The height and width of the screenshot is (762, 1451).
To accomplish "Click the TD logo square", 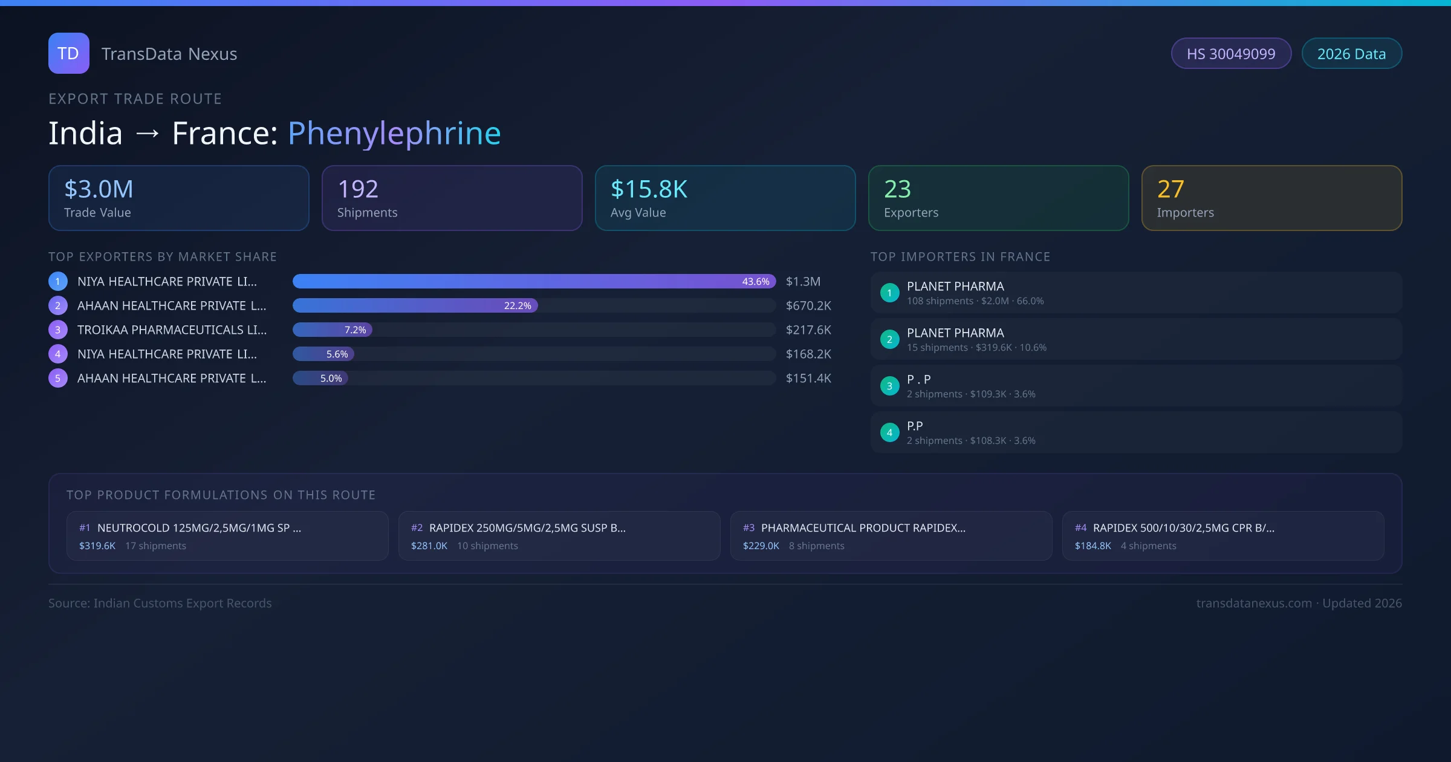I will click(x=68, y=53).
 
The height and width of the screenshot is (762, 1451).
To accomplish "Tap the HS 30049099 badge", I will click(x=1230, y=54).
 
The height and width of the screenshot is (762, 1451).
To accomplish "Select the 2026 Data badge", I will click(x=1351, y=54).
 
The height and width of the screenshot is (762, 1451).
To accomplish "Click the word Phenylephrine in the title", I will click(x=394, y=133).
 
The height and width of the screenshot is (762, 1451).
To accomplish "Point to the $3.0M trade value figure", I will click(x=99, y=189).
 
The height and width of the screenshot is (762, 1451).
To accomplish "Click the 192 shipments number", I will click(x=358, y=189).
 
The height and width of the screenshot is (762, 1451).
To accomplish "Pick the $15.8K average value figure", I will click(x=649, y=189).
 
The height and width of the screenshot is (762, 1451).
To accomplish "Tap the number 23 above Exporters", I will click(x=897, y=189).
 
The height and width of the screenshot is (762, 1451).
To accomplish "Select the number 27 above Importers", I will click(x=1170, y=189).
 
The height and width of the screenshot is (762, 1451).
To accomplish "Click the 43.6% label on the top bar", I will click(x=756, y=281).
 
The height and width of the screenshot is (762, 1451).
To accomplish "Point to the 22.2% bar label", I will click(x=518, y=305).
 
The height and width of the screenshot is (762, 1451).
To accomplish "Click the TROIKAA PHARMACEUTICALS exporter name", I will click(x=172, y=330).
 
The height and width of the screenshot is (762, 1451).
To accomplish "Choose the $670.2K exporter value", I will click(x=808, y=305).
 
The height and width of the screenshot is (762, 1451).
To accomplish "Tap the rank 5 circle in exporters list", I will click(x=58, y=378).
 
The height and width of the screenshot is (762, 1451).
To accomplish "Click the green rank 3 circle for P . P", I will click(x=889, y=386).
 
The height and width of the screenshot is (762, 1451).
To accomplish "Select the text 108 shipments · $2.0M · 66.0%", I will click(x=975, y=301).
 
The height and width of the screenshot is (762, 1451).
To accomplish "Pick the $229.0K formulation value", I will click(x=761, y=545).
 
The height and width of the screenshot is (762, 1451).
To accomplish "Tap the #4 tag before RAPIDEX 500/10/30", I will click(x=1080, y=528).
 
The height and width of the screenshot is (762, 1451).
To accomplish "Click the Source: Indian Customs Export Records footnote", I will click(x=160, y=603).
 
